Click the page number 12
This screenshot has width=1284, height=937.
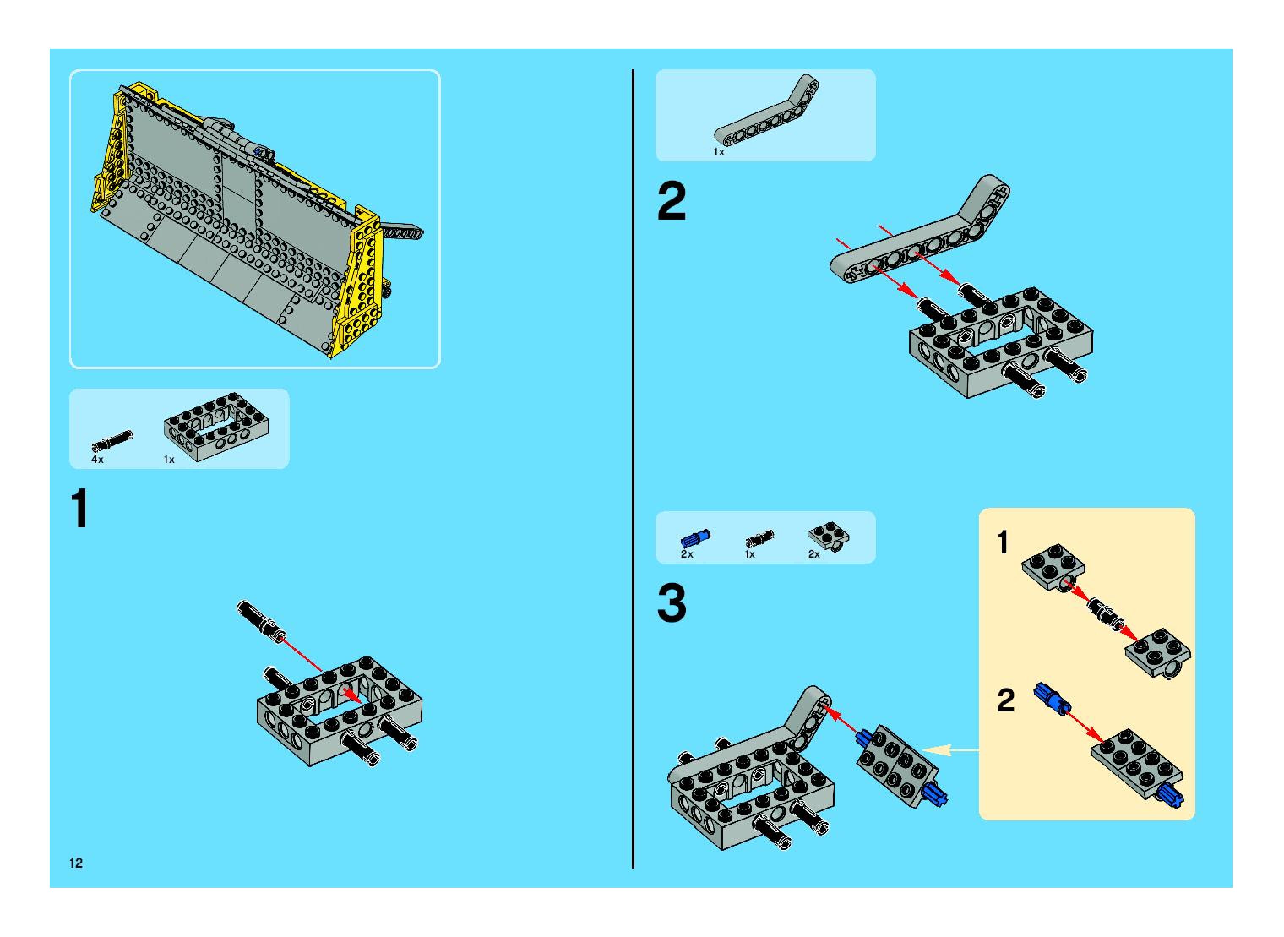(76, 863)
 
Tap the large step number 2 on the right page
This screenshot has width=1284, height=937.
(672, 202)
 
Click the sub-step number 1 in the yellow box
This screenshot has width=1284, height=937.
(1003, 542)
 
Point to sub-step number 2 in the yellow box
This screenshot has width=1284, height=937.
(1006, 700)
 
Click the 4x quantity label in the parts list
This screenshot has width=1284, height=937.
(98, 460)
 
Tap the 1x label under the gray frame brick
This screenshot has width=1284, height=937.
(169, 460)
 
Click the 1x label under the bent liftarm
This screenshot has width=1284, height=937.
(718, 152)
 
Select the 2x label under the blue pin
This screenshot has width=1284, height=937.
(687, 554)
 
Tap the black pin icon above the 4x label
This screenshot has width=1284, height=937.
(112, 440)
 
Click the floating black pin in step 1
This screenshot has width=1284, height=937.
(260, 621)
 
